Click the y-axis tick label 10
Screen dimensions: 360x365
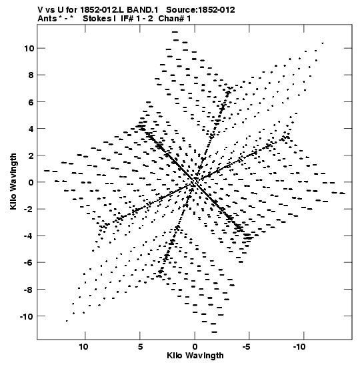[x=29, y=48]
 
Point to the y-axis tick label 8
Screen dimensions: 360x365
[x=31, y=75]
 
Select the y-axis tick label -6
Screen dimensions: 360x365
[x=29, y=262]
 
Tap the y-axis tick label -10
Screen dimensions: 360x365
[x=27, y=316]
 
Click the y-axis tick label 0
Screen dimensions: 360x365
[x=31, y=182]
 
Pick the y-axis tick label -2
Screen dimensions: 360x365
[x=29, y=209]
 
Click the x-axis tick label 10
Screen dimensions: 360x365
[x=84, y=347]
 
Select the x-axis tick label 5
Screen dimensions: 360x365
[x=140, y=347]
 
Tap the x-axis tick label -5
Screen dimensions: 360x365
[x=247, y=347]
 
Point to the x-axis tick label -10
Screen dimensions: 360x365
[x=299, y=347]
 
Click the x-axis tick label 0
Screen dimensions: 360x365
[x=195, y=347]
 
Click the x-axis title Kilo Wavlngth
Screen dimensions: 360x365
[x=195, y=356]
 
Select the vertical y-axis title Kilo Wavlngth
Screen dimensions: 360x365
[x=13, y=181]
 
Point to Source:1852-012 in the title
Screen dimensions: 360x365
[x=201, y=10]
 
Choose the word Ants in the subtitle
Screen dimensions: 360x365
[x=47, y=19]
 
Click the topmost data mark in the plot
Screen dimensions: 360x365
[x=175, y=32]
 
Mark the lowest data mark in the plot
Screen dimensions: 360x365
[x=214, y=332]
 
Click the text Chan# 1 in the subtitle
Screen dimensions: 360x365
[x=175, y=19]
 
